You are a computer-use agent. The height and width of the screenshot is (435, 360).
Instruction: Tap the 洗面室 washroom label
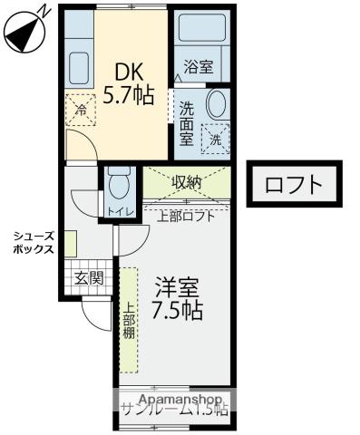tap(186, 123)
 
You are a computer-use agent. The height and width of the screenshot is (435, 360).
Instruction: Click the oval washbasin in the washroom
tap(218, 102)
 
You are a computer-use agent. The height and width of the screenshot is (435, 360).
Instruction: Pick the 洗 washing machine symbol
tap(215, 138)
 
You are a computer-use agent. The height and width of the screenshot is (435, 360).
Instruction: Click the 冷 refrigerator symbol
tap(80, 110)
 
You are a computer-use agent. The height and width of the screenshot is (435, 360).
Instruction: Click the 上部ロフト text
tap(186, 216)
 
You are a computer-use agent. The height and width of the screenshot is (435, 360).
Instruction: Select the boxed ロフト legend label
tap(294, 185)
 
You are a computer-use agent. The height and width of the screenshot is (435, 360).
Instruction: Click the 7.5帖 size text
tap(177, 311)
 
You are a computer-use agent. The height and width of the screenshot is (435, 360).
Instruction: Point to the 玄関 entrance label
tap(87, 278)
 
